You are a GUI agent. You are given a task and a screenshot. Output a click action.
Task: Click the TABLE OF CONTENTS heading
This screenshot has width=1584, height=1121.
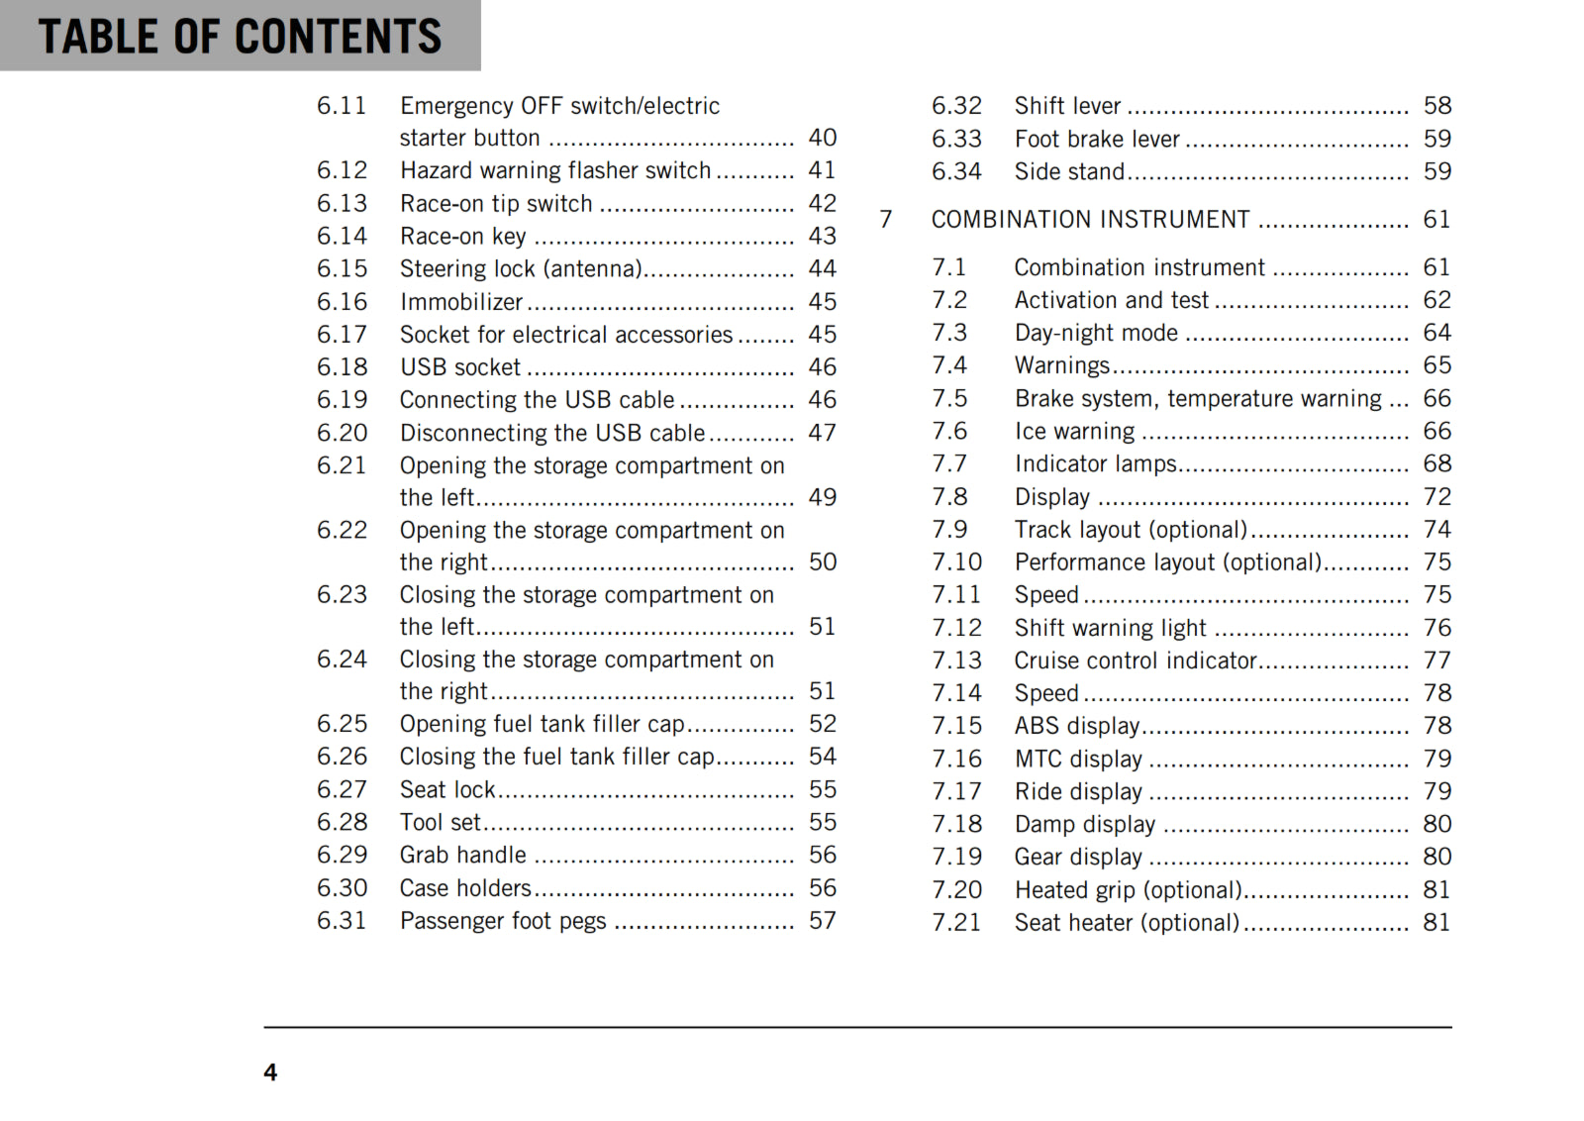click(x=240, y=37)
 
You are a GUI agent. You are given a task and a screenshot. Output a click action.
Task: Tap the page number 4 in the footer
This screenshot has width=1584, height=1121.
click(x=270, y=1072)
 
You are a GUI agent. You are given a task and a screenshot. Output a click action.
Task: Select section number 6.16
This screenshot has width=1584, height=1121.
click(x=342, y=302)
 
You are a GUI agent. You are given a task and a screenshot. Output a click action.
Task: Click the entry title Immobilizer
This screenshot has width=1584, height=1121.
click(x=461, y=302)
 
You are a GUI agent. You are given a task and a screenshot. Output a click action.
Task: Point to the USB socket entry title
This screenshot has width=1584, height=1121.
click(x=460, y=367)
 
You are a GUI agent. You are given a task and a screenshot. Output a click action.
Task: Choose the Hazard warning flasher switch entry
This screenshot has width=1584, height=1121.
click(x=555, y=170)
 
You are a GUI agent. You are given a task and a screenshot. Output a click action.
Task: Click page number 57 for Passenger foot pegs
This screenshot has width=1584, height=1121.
click(x=822, y=921)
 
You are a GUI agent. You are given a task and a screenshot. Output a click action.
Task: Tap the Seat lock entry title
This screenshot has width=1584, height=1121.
click(x=447, y=790)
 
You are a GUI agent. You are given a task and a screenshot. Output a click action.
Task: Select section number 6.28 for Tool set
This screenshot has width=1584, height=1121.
click(x=342, y=823)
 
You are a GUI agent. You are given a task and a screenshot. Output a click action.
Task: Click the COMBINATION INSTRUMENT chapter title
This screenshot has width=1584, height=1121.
click(x=1090, y=220)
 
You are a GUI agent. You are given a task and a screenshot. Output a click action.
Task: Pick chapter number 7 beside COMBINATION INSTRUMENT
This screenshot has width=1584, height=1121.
click(x=886, y=220)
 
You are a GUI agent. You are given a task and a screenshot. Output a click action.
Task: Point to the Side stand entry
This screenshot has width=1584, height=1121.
click(x=1069, y=172)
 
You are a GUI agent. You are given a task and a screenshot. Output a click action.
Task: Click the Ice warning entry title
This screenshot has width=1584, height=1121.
click(x=1074, y=432)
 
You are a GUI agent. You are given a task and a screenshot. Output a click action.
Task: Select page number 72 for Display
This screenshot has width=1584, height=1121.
click(x=1436, y=497)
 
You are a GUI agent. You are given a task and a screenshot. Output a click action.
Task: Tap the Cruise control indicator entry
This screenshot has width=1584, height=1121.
click(x=1136, y=661)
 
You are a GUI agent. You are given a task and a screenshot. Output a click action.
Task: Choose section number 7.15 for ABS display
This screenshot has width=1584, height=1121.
click(x=956, y=726)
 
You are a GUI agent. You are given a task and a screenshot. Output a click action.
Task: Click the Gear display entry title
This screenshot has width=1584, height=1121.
click(x=1078, y=858)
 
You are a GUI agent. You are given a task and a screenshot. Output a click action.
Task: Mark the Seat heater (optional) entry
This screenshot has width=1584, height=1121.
click(x=1127, y=923)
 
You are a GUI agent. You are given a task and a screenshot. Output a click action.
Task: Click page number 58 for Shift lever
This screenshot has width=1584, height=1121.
click(x=1436, y=106)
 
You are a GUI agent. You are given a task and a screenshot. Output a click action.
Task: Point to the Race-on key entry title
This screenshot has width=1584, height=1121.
click(x=462, y=237)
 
